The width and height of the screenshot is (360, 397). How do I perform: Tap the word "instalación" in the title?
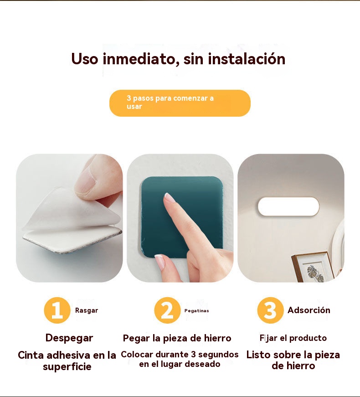pyautogui.click(x=247, y=59)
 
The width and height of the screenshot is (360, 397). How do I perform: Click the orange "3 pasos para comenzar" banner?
pyautogui.click(x=180, y=103)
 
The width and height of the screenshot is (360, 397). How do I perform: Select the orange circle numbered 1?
pyautogui.click(x=57, y=310)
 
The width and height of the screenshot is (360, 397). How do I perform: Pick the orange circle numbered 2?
pyautogui.click(x=167, y=310)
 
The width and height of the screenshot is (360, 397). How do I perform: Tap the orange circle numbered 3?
pyautogui.click(x=270, y=310)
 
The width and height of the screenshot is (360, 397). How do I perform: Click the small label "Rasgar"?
pyautogui.click(x=87, y=310)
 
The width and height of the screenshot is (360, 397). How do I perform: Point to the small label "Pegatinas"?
pyautogui.click(x=197, y=311)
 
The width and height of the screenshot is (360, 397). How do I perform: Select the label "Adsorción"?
pyautogui.click(x=309, y=310)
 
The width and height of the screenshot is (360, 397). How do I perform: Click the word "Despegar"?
pyautogui.click(x=69, y=338)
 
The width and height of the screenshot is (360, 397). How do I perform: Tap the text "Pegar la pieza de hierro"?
pyautogui.click(x=177, y=338)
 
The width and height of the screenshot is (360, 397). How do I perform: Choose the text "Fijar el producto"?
pyautogui.click(x=293, y=338)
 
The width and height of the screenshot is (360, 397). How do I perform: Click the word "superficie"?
pyautogui.click(x=67, y=366)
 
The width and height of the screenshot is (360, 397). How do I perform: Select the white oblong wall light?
pyautogui.click(x=288, y=207)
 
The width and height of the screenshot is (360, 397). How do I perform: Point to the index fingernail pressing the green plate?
pyautogui.click(x=169, y=197)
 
